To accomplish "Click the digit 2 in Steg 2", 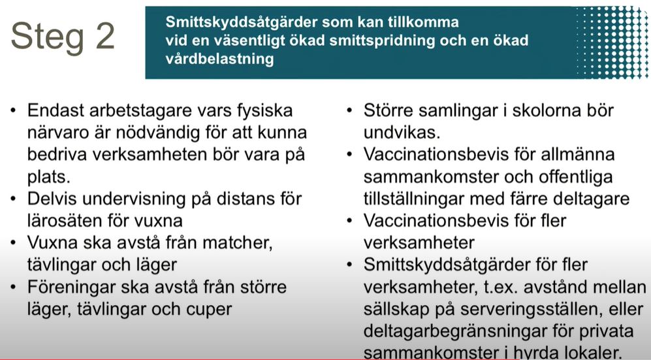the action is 105,36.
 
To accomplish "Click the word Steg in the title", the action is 47,39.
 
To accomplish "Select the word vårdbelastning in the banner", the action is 219,59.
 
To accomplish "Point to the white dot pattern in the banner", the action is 612,42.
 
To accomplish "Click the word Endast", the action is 56,110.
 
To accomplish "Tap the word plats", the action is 48,177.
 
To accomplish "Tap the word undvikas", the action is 402,133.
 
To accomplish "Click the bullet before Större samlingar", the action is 349,111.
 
